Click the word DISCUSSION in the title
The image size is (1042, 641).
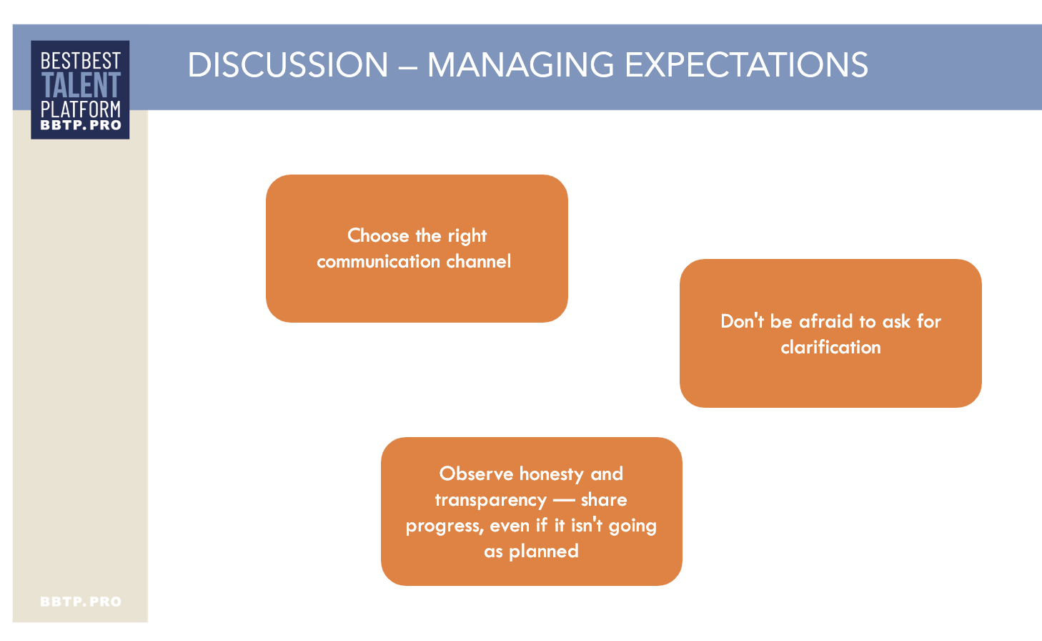(288, 64)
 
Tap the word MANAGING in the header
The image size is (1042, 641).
(520, 64)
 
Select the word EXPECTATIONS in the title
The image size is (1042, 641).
(746, 64)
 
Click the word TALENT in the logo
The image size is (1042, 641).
(81, 84)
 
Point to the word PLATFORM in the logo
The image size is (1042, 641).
(81, 109)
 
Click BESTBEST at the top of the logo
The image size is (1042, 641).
(81, 61)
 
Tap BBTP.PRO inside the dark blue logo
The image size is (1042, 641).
(81, 124)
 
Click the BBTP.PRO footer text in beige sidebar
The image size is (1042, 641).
(81, 602)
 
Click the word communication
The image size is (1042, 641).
(379, 262)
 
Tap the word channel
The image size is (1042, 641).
(479, 262)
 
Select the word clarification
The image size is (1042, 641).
(830, 347)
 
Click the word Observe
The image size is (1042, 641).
(477, 474)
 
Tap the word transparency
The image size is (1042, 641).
(491, 501)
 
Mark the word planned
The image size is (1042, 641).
(544, 552)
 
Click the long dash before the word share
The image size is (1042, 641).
(564, 500)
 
